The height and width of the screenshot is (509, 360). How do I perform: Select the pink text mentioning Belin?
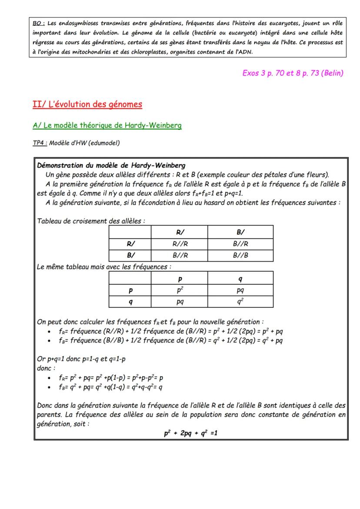tap(293, 73)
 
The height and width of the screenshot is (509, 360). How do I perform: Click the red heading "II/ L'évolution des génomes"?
tap(87, 104)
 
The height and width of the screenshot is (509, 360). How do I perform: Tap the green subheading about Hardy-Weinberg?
tap(107, 126)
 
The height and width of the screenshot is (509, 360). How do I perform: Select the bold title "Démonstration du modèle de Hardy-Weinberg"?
tap(111, 165)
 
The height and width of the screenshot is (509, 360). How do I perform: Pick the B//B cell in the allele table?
tap(240, 255)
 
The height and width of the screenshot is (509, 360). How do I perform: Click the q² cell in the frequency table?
tap(240, 301)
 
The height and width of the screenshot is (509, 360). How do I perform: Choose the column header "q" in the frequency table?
tap(240, 278)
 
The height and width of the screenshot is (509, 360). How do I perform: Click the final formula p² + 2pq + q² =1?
tap(190, 433)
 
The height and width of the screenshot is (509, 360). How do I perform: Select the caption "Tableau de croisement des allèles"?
tap(90, 221)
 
